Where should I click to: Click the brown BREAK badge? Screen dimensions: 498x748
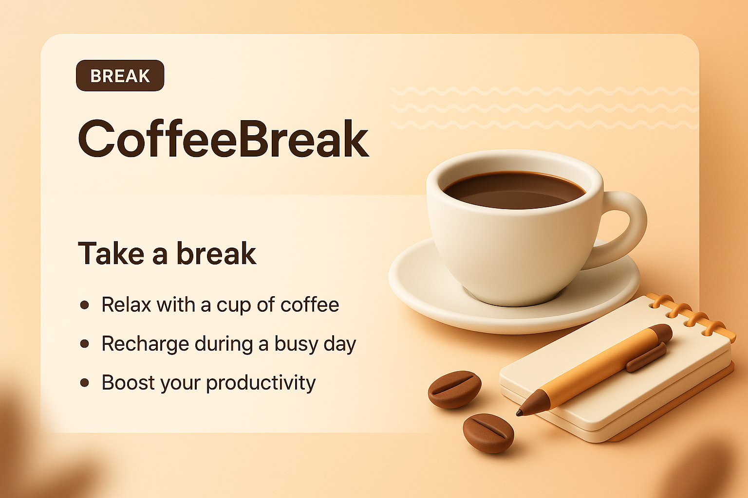120,76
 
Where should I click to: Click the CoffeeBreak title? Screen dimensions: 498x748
223,139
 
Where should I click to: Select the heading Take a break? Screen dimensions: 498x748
167,253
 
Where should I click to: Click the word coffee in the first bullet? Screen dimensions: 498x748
310,305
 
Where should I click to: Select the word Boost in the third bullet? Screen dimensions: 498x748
128,383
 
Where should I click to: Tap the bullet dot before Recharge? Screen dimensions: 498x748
85,344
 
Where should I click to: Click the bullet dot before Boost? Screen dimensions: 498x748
85,383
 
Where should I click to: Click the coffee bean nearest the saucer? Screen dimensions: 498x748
454,389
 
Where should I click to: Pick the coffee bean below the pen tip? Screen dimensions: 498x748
488,433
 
